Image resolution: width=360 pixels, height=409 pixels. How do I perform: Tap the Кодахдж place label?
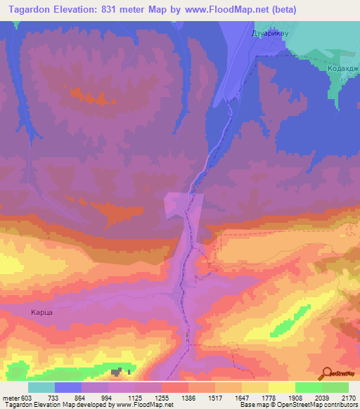[342, 69]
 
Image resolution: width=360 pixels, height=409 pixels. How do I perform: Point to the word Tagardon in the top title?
[32, 10]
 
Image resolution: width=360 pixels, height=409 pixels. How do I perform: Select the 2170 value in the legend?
[347, 398]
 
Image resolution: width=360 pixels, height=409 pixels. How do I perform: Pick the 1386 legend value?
[188, 398]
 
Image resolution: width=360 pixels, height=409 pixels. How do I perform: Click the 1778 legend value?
[267, 398]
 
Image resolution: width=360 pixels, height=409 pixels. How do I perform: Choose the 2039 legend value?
[321, 398]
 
